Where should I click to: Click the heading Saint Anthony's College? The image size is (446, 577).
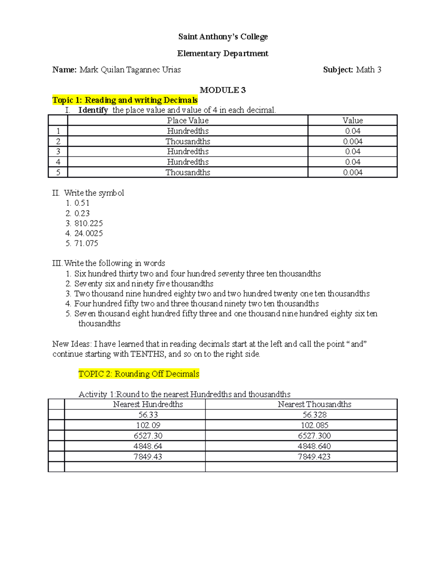[223, 36]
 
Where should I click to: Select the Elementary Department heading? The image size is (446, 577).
[223, 54]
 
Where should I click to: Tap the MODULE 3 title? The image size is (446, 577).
[223, 90]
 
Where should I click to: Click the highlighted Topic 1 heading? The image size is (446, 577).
[125, 100]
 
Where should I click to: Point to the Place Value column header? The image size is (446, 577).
[188, 120]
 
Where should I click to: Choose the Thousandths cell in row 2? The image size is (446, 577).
[188, 142]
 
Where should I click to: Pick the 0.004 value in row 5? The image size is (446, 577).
[352, 172]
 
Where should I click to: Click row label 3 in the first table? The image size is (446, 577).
[58, 152]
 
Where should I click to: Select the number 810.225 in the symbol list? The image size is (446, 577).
[88, 223]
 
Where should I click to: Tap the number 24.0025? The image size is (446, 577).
[88, 233]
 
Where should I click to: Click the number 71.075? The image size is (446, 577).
[86, 243]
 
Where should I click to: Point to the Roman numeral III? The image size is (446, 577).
[57, 263]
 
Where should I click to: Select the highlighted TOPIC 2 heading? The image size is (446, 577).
[139, 374]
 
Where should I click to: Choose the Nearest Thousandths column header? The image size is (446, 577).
[314, 404]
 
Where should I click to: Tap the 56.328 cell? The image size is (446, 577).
[314, 415]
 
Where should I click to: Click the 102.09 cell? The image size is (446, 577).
[148, 425]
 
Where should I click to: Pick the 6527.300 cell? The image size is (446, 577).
[314, 435]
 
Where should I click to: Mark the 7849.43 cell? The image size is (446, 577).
[148, 457]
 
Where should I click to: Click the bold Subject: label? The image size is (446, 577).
[338, 70]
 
